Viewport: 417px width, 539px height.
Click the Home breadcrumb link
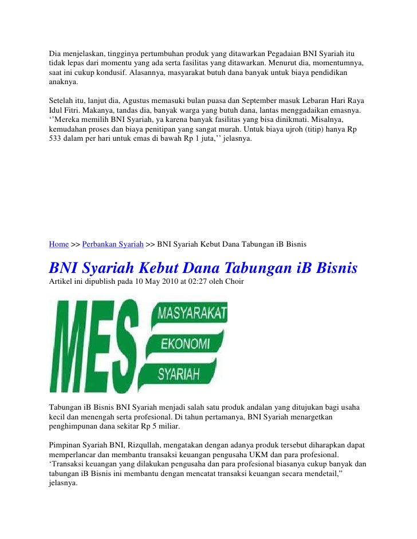[58, 244]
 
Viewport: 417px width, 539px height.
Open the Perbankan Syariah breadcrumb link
[113, 244]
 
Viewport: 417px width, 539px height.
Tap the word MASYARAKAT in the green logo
[192, 314]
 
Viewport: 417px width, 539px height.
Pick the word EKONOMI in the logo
[184, 343]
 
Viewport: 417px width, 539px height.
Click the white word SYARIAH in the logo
[179, 374]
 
